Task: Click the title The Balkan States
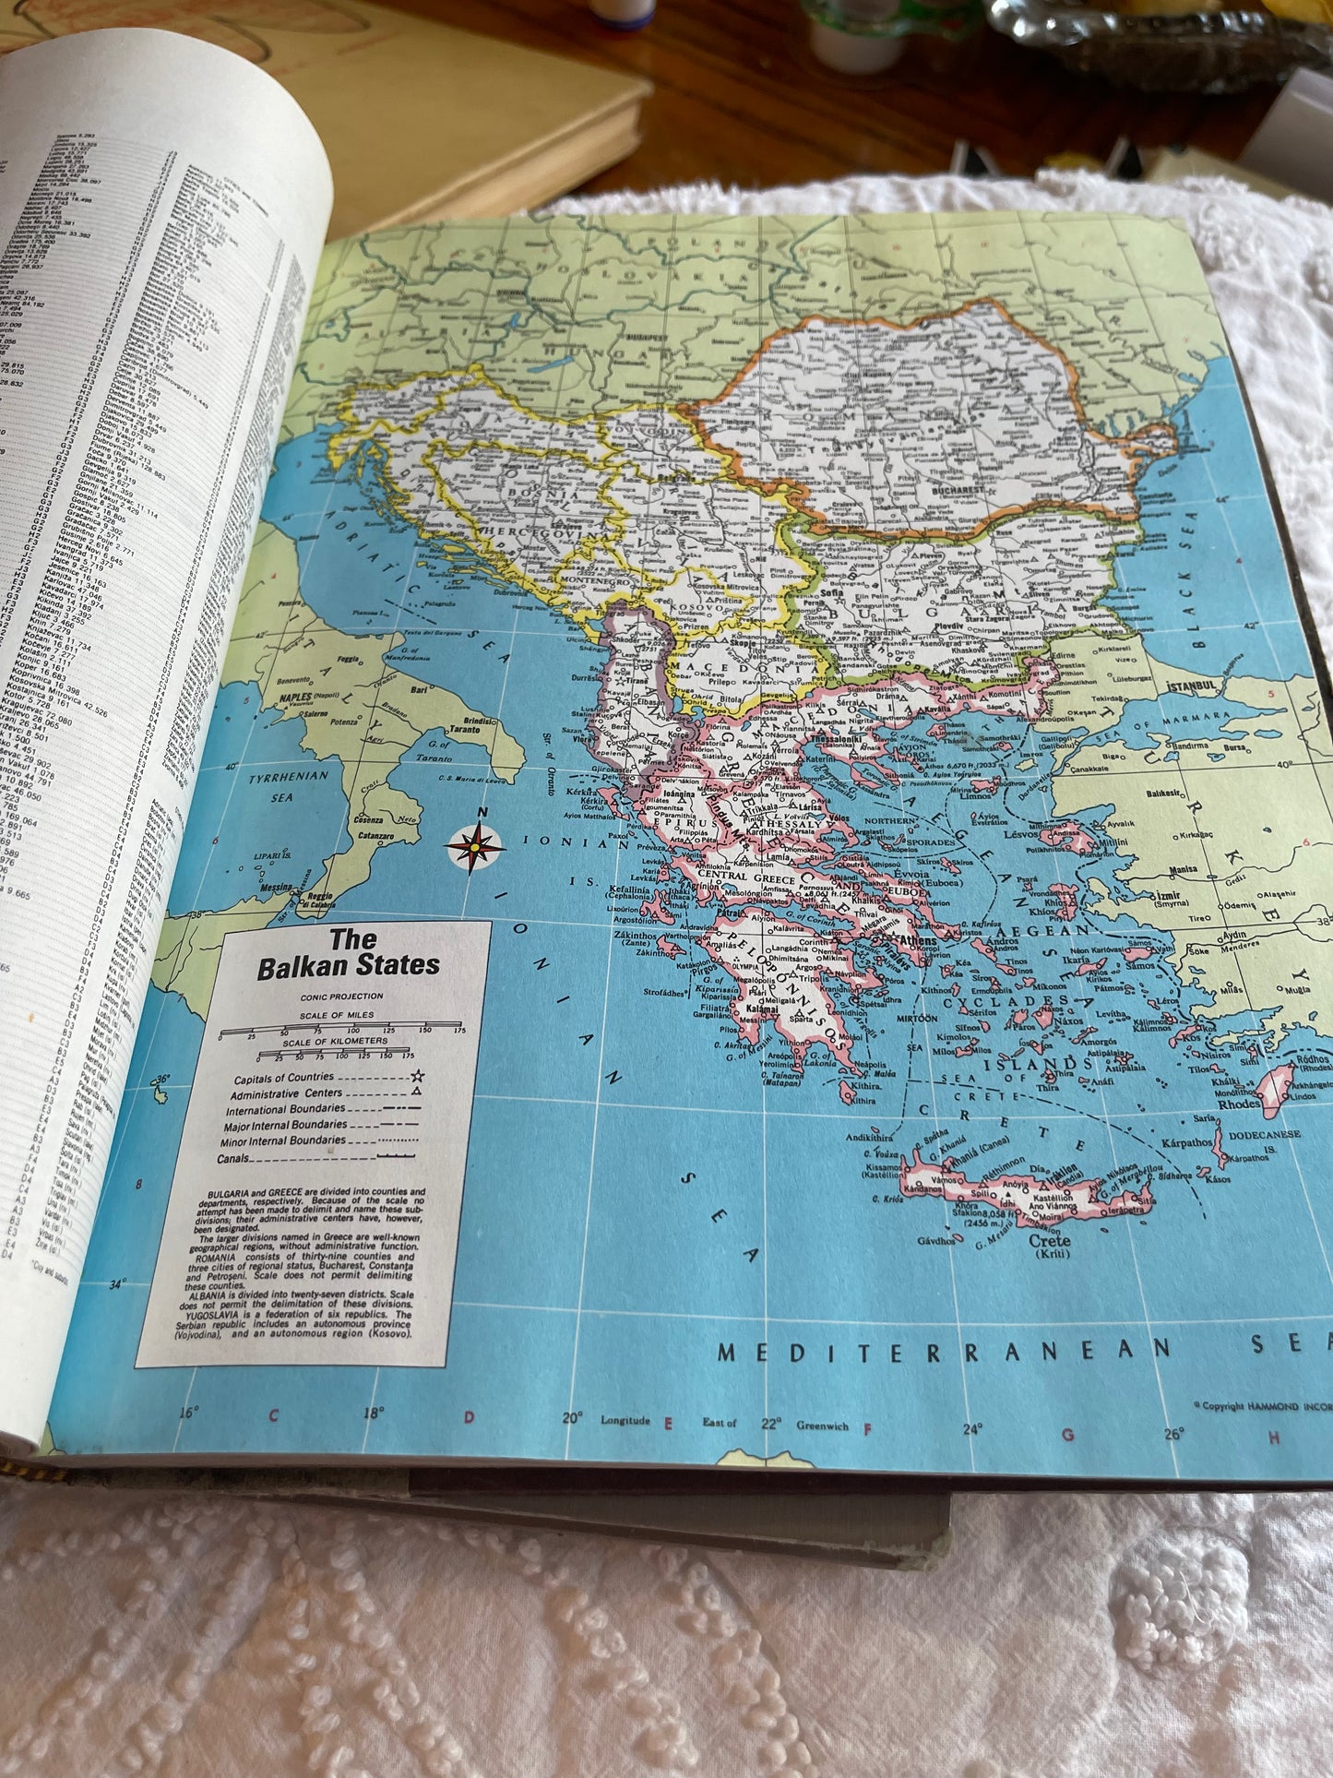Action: click(x=349, y=953)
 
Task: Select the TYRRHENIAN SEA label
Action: click(x=290, y=784)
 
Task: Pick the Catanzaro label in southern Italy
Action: click(x=375, y=836)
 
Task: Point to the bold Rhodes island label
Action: click(x=1239, y=1104)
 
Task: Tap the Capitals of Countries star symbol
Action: click(x=418, y=1076)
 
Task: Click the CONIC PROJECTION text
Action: click(x=342, y=996)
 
